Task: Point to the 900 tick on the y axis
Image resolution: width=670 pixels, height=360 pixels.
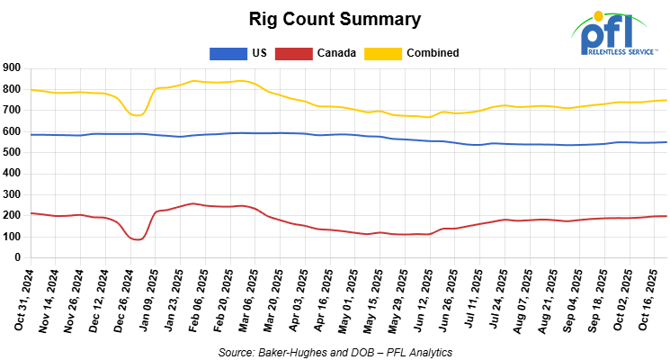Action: pos(13,67)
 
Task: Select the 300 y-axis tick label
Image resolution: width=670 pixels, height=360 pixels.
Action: pos(13,194)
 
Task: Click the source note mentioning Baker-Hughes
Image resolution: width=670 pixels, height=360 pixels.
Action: pos(335,351)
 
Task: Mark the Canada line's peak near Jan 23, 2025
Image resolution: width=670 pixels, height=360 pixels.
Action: pos(192,203)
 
